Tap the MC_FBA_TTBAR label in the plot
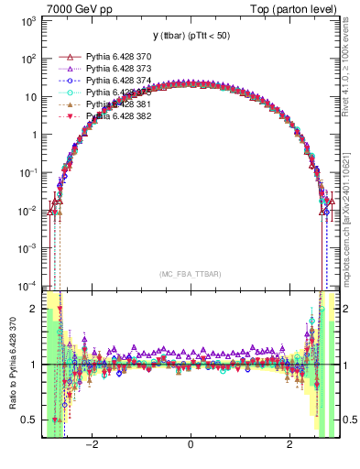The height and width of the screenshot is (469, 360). click(190, 274)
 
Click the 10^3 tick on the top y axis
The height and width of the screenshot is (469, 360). click(28, 19)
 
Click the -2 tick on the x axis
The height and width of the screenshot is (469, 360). click(92, 446)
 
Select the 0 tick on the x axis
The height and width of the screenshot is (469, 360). click(190, 446)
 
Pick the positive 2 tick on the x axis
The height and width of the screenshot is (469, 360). click(289, 446)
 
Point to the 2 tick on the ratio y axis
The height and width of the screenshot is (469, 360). click(33, 310)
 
